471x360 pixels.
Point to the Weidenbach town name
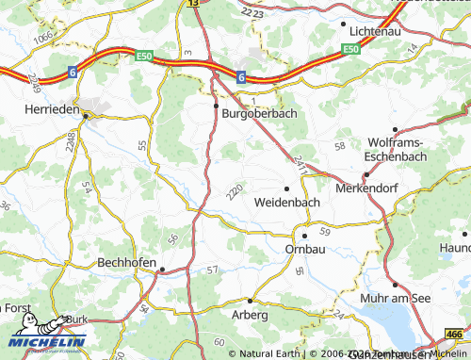287,202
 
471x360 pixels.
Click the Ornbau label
303,249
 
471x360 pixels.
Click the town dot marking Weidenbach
287,187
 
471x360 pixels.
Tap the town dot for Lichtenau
343,24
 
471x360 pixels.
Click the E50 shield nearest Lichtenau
351,49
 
